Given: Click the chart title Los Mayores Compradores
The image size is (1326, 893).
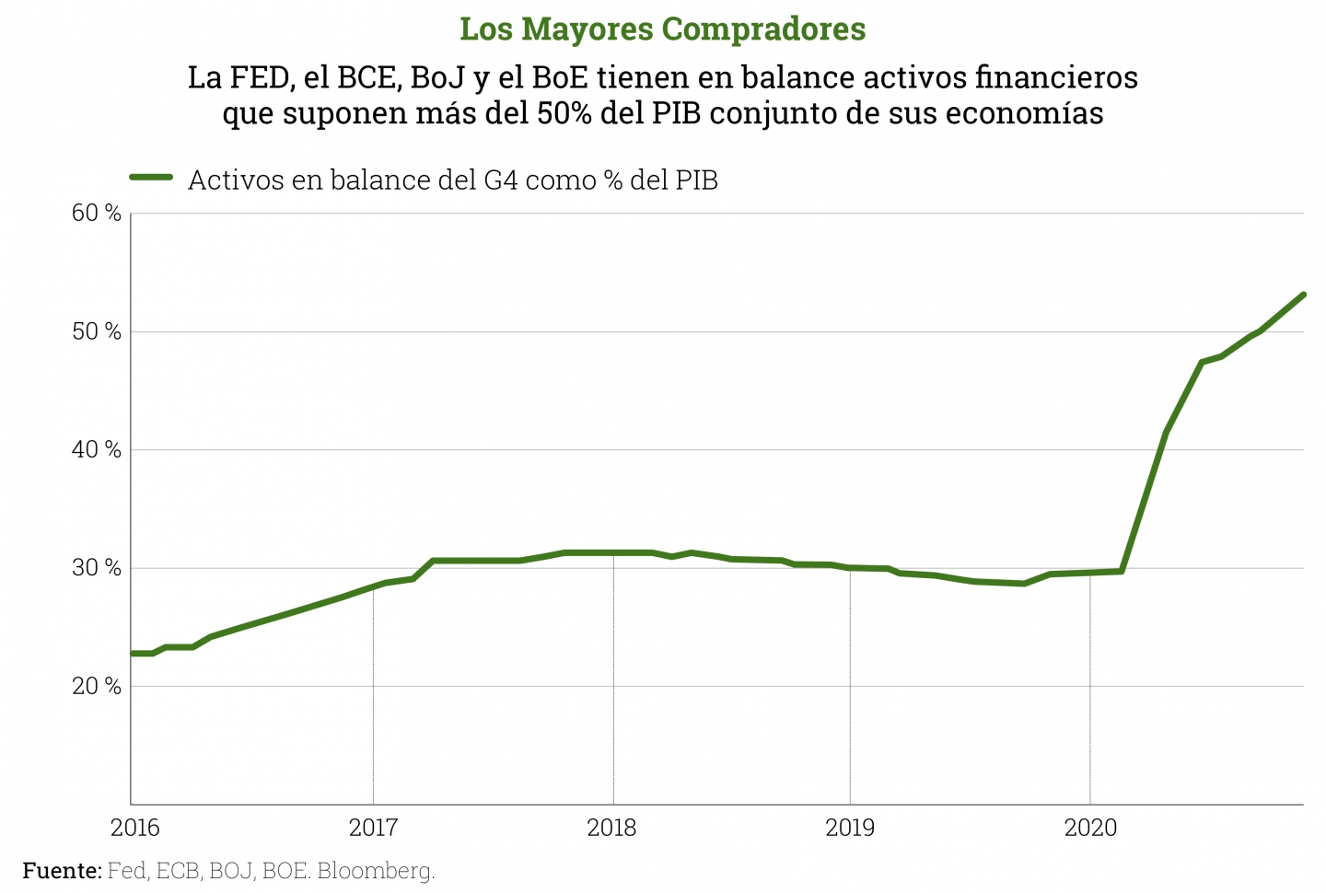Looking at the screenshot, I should pyautogui.click(x=662, y=29).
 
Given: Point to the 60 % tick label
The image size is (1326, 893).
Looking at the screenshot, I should pyautogui.click(x=97, y=214).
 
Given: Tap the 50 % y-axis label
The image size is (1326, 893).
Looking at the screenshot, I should pyautogui.click(x=97, y=331).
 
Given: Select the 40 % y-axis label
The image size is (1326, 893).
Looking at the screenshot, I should pyautogui.click(x=97, y=449).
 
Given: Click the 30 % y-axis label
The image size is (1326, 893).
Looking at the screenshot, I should pyautogui.click(x=97, y=568).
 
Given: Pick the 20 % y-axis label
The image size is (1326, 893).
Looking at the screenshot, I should pyautogui.click(x=97, y=686).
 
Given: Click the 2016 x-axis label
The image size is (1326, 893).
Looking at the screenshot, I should pyautogui.click(x=135, y=828).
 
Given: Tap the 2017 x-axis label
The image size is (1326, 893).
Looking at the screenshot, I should pyautogui.click(x=373, y=828).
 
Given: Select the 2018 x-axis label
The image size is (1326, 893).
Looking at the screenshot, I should pyautogui.click(x=611, y=828).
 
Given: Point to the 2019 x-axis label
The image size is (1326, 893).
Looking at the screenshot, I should pyautogui.click(x=850, y=828).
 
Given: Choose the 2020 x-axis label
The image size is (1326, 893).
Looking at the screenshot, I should pyautogui.click(x=1090, y=828).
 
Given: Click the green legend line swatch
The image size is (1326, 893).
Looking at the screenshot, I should pyautogui.click(x=151, y=178).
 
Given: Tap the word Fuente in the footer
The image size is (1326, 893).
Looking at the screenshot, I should pyautogui.click(x=61, y=870).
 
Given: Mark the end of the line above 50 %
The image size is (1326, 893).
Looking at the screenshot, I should pyautogui.click(x=1303, y=295).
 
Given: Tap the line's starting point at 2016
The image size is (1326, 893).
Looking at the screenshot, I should pyautogui.click(x=133, y=654).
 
